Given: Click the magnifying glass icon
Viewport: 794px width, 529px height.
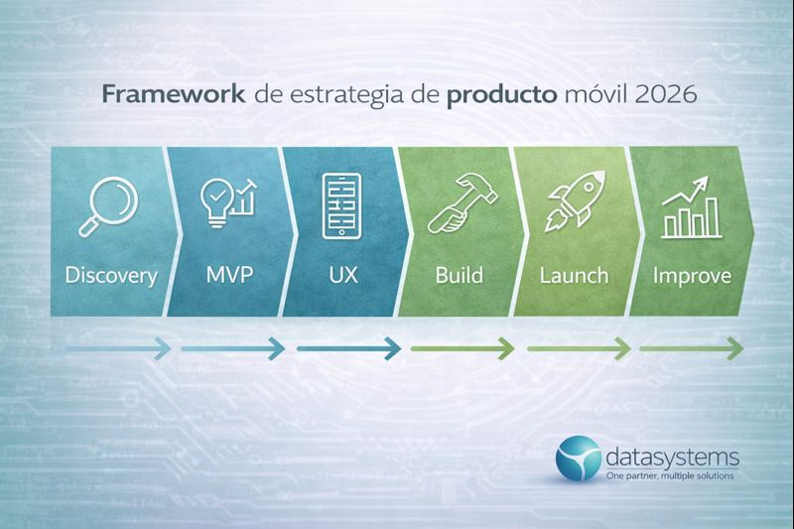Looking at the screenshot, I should [110, 205].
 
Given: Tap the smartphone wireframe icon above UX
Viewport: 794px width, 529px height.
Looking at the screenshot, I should [340, 206].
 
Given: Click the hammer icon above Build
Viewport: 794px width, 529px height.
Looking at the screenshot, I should [457, 205].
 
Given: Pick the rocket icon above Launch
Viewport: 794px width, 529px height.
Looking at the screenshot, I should [572, 205].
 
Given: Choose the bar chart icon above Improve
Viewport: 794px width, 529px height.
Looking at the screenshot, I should [691, 205].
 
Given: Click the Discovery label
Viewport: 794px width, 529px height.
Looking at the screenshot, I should [111, 275].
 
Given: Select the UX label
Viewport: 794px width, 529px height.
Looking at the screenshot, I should [340, 275].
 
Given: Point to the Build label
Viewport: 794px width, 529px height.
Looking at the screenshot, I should [457, 275].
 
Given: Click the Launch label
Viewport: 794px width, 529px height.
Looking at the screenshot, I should [573, 275].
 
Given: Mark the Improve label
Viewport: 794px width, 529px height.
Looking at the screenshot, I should [692, 275].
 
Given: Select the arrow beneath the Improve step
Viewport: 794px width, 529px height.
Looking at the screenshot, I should [691, 348].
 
